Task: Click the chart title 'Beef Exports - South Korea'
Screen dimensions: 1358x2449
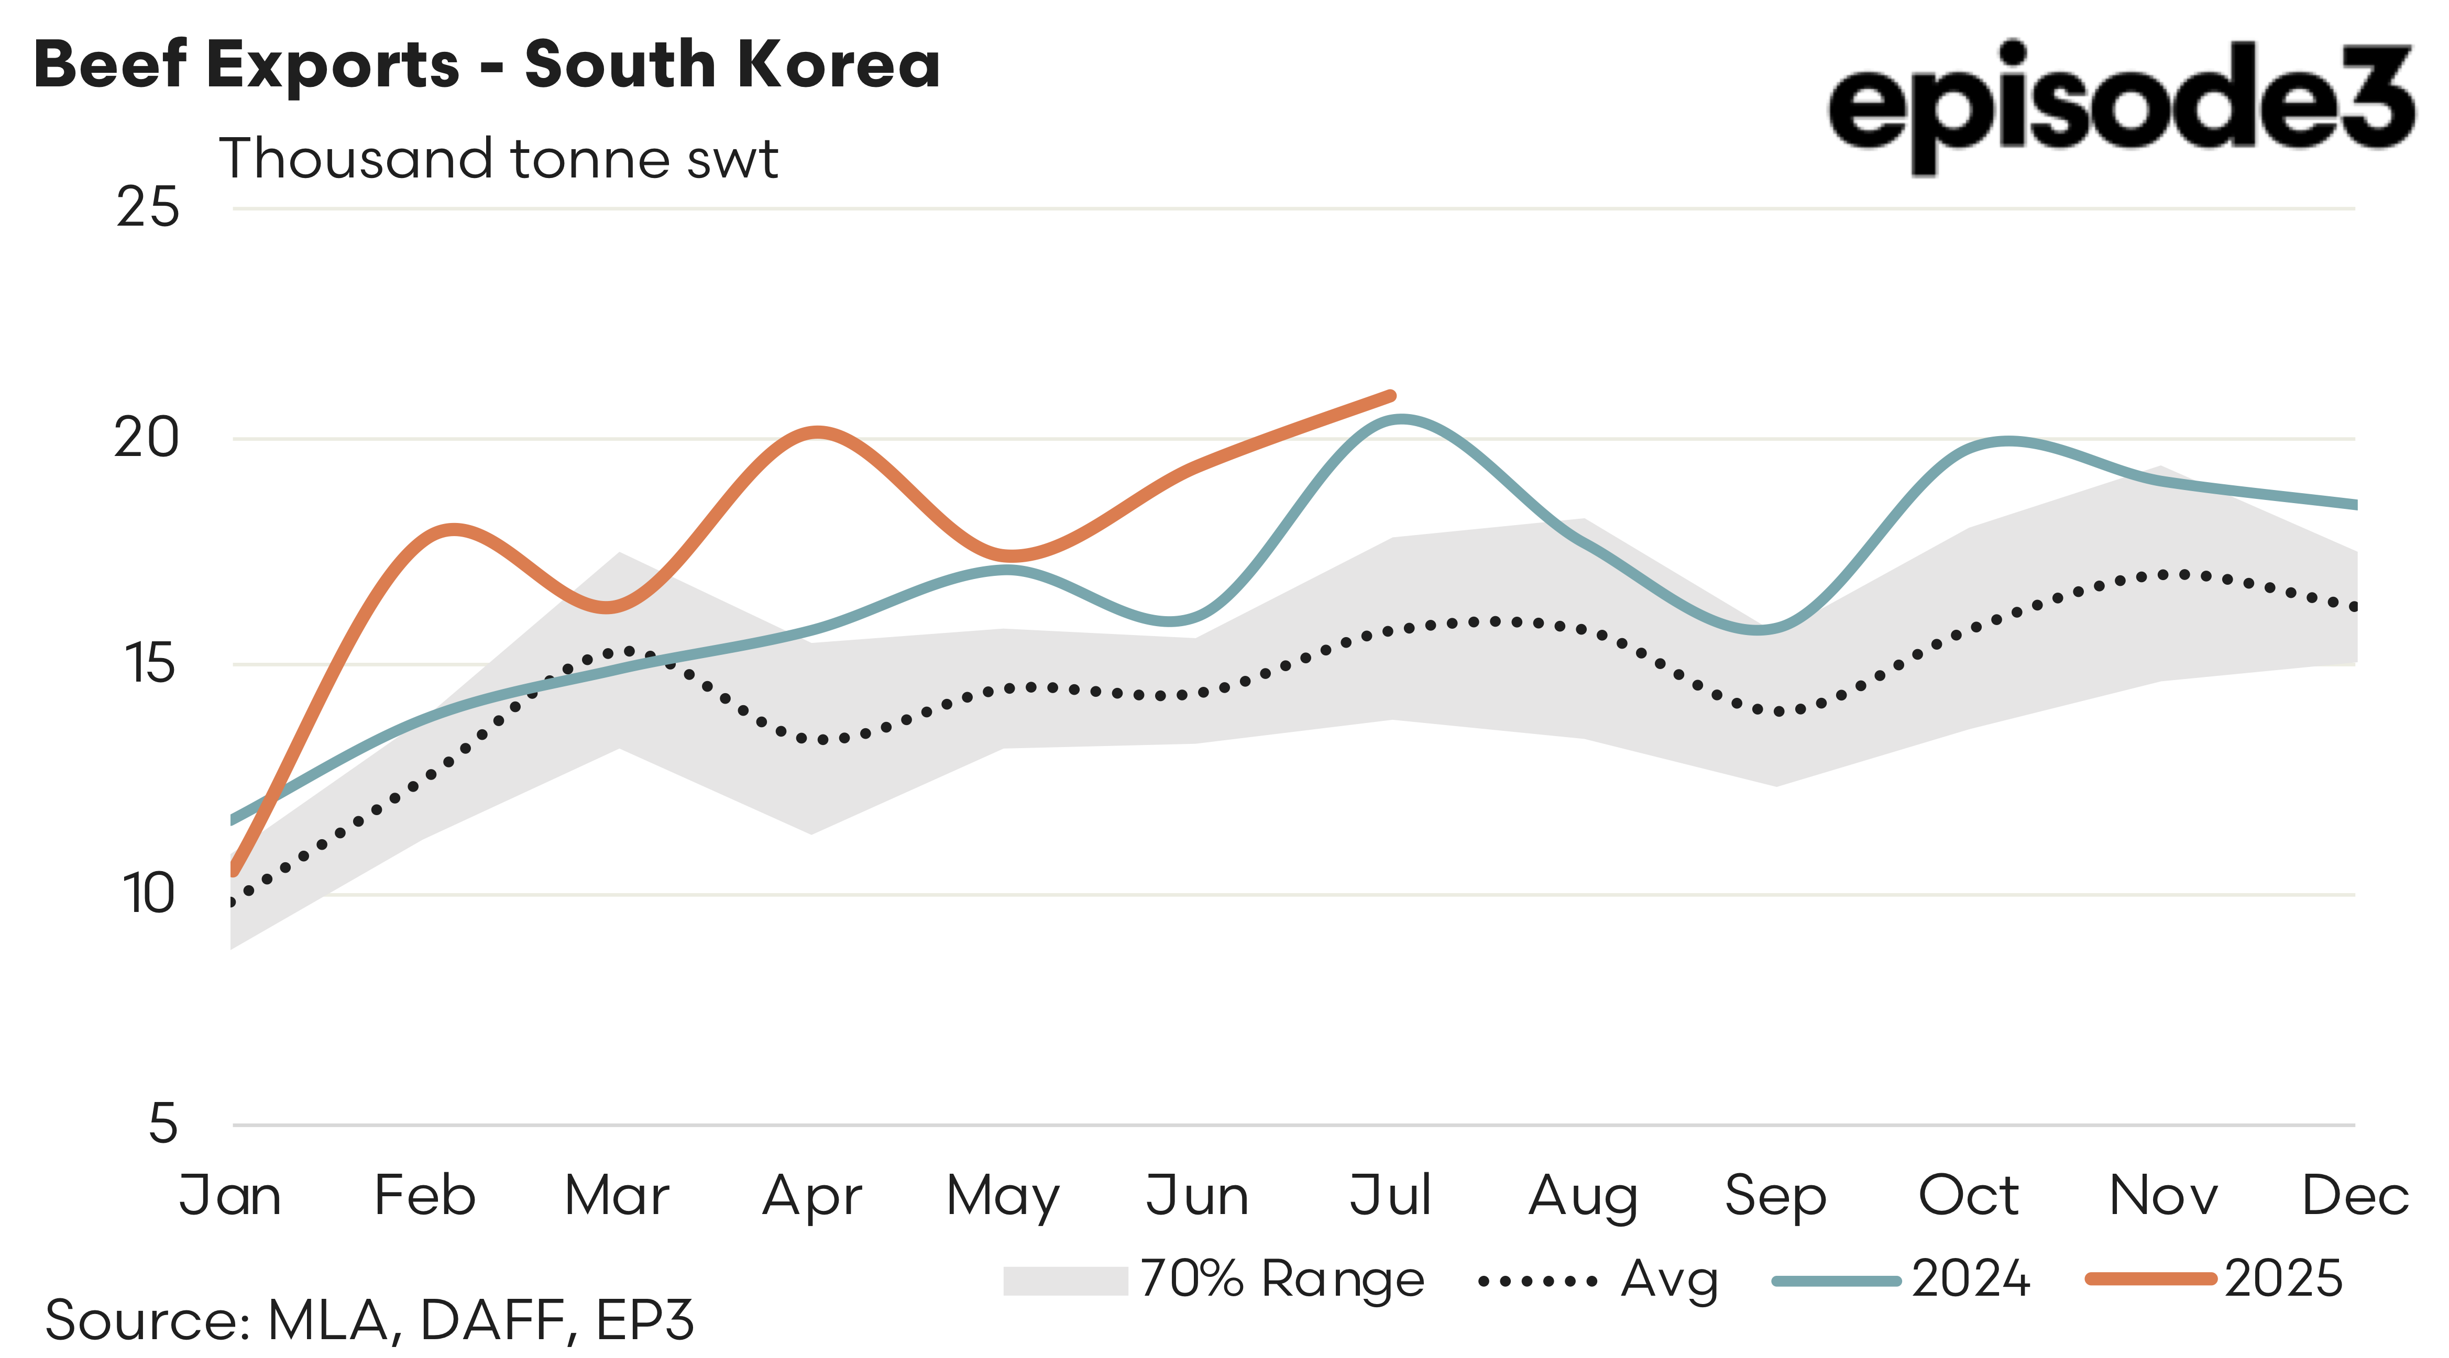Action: [x=487, y=64]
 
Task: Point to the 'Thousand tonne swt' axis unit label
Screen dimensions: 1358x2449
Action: [x=499, y=159]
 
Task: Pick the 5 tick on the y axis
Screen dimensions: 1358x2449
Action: [x=163, y=1124]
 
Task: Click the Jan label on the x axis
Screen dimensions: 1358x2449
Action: [x=231, y=1196]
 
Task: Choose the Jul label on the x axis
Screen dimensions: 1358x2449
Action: [x=1390, y=1196]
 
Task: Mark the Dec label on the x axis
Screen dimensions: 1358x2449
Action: [x=2354, y=1196]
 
